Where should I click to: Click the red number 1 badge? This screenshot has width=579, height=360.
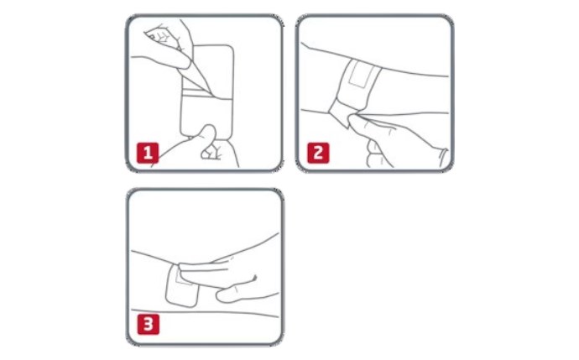(148, 153)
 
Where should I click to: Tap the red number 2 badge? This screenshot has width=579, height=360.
(318, 153)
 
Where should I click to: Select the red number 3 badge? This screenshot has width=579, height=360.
(148, 324)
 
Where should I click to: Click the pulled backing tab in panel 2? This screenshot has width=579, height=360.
(341, 112)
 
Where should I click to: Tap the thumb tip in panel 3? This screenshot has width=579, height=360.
(222, 295)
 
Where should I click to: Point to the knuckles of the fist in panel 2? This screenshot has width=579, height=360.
(373, 151)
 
